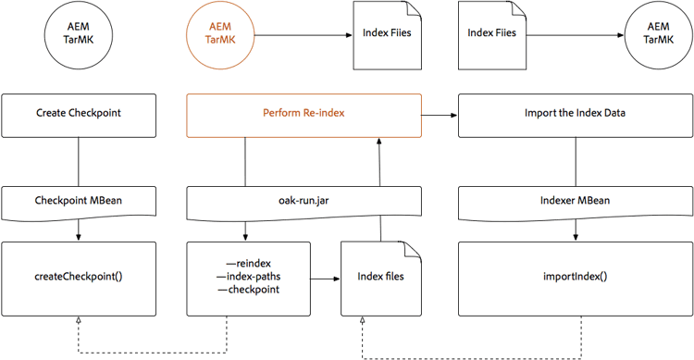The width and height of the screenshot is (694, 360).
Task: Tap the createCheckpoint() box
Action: tap(78, 276)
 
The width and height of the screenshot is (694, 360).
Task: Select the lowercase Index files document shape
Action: tap(379, 276)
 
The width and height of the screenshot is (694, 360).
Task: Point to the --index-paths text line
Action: tap(248, 277)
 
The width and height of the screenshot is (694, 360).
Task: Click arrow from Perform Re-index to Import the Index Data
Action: tap(440, 114)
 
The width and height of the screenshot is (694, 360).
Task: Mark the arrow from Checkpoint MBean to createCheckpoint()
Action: tap(78, 230)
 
